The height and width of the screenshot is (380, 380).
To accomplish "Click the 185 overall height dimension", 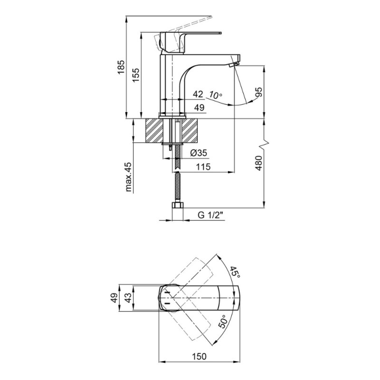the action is tap(121, 67).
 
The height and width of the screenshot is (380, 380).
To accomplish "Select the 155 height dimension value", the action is tap(136, 75).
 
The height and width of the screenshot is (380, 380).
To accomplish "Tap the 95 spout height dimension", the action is tap(258, 92).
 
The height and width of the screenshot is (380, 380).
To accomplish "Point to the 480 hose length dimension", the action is tap(258, 163).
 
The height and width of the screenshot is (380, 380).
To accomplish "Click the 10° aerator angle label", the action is tap(216, 95).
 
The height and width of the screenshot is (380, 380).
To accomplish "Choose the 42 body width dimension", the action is tap(198, 94).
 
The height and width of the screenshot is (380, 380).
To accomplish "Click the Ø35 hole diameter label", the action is tap(199, 153).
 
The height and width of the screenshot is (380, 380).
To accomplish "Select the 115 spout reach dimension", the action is tap(203, 167).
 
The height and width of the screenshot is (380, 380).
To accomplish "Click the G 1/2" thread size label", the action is tap(210, 215).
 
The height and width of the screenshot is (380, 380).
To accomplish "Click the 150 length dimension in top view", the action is tap(199, 357).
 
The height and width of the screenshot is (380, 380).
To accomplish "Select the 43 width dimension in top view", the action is tap(128, 297).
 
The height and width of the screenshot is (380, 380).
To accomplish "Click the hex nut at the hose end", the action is tap(178, 206).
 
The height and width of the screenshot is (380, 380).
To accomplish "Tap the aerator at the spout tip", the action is tap(234, 64).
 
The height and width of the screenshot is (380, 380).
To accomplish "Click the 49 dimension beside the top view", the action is tap(114, 297).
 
